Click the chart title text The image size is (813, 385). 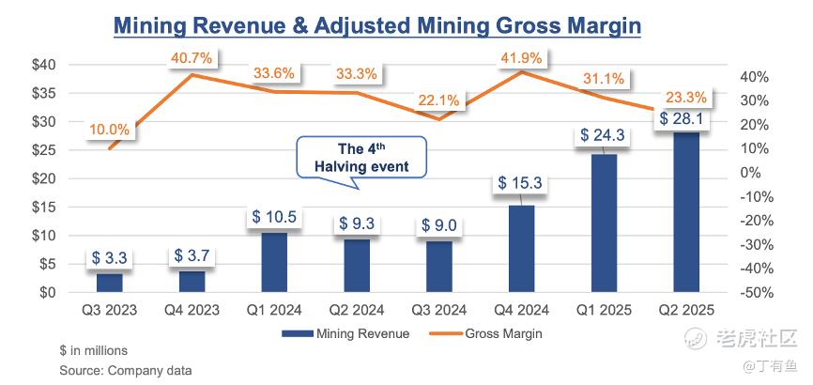point(376,24)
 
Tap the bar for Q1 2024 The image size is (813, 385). point(274,262)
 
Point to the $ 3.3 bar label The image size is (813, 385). point(110,256)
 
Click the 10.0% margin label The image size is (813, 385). point(111,129)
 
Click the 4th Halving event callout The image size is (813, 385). point(361,157)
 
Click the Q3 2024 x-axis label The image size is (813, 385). point(438,310)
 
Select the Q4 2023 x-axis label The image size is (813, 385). point(192,310)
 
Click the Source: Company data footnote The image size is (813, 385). point(126,371)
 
